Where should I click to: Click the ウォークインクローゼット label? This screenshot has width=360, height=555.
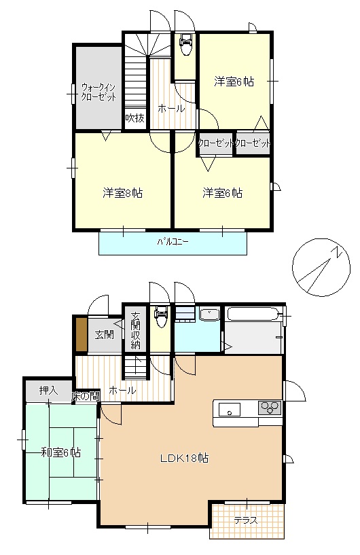(x=98, y=92)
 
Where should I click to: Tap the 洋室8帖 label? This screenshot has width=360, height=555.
(x=123, y=193)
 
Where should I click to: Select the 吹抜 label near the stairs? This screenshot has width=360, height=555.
(x=135, y=118)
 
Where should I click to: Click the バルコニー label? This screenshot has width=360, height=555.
(x=173, y=242)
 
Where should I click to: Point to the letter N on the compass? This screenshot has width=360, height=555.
(x=338, y=252)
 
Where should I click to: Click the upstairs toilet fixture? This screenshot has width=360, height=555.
(x=186, y=44)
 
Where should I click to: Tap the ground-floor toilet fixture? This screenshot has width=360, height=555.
(x=161, y=317)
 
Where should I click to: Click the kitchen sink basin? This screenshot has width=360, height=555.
(x=229, y=410)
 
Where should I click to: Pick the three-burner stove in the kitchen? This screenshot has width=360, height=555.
(x=270, y=408)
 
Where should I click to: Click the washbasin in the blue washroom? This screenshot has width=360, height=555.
(x=210, y=314)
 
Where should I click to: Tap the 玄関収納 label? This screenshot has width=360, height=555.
(x=135, y=330)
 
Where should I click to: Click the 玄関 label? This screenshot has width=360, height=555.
(x=105, y=334)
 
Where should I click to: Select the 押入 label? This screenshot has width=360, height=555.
(x=48, y=391)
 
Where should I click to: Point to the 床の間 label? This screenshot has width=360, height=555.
(x=86, y=396)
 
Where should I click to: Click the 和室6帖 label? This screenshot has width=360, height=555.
(x=61, y=452)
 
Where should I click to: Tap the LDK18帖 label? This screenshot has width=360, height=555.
(x=185, y=458)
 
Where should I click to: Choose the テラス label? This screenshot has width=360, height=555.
(x=246, y=520)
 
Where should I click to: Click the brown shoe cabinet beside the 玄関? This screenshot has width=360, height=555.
(x=82, y=334)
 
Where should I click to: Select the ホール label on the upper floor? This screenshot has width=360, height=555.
(x=171, y=108)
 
